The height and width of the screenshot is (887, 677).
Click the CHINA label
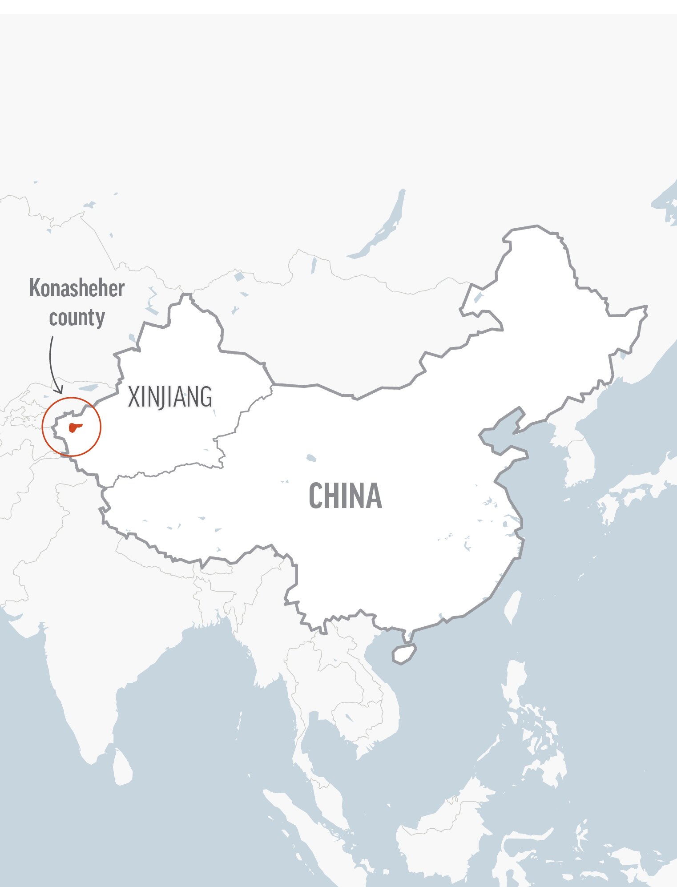click(x=345, y=496)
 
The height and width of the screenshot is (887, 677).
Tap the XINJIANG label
click(x=170, y=397)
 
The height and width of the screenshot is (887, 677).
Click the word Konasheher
click(x=77, y=289)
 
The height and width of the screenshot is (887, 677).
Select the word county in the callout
click(x=77, y=318)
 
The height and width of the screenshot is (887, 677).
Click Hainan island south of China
click(x=404, y=654)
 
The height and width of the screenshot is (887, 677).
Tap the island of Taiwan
click(x=514, y=607)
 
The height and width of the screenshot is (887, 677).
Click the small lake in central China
click(x=311, y=458)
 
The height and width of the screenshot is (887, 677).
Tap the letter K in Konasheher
click(x=35, y=289)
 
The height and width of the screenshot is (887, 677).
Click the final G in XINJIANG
click(x=206, y=397)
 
